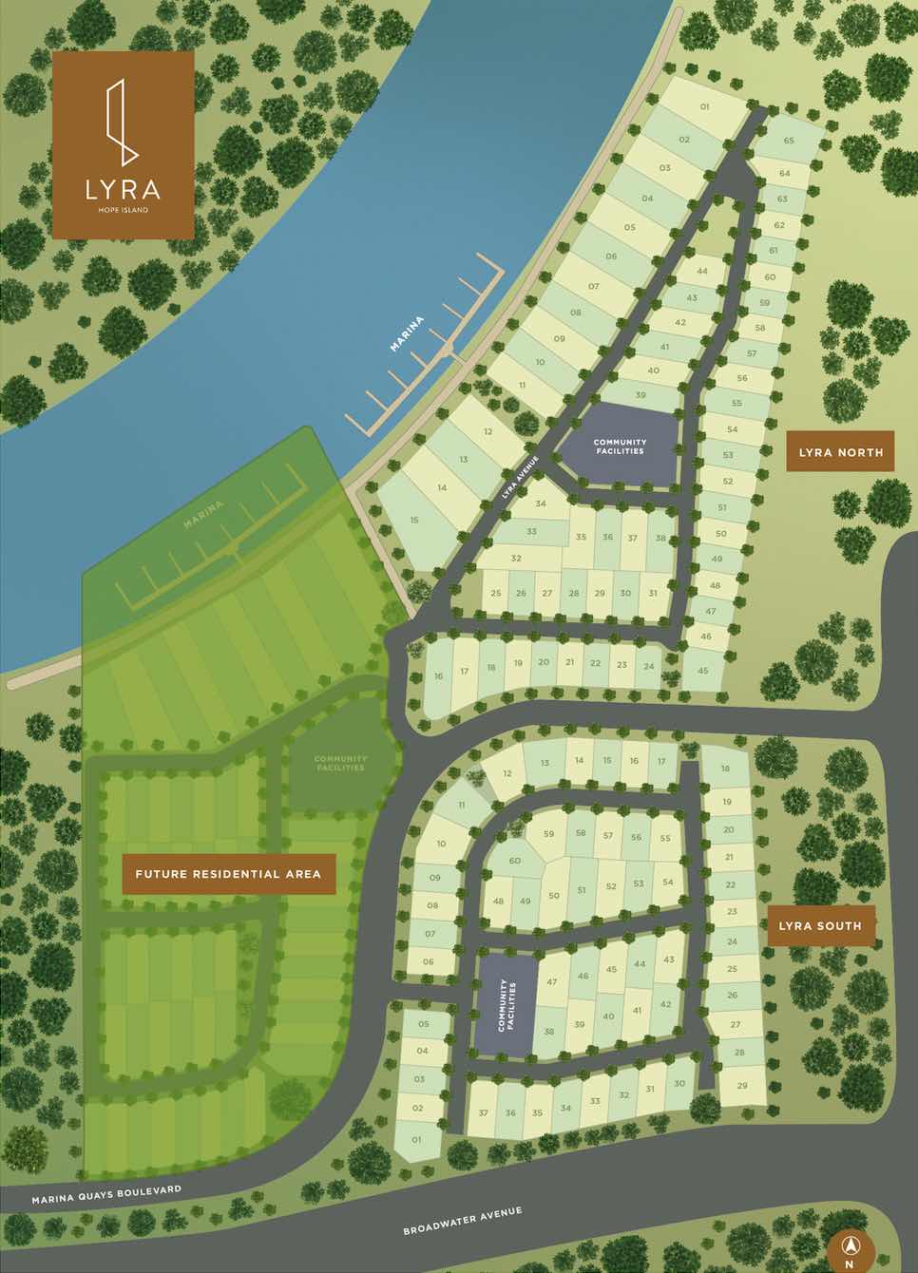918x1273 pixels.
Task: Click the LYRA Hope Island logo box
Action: (124, 144)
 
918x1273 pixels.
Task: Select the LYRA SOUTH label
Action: (820, 925)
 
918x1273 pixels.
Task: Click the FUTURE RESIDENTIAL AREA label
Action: (229, 874)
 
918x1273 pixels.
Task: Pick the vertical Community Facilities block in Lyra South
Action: (505, 1005)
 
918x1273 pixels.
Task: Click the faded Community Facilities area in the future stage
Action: (340, 762)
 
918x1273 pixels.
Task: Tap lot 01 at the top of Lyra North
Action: (704, 107)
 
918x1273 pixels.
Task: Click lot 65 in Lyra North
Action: (789, 141)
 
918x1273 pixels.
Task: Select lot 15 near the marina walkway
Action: (414, 520)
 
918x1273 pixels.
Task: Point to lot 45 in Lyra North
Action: (703, 671)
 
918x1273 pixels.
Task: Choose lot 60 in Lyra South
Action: (515, 861)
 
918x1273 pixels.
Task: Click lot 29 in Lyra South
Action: (742, 1085)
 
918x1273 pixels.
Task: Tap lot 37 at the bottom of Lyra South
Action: (484, 1113)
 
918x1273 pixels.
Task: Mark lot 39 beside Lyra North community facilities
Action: (641, 395)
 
